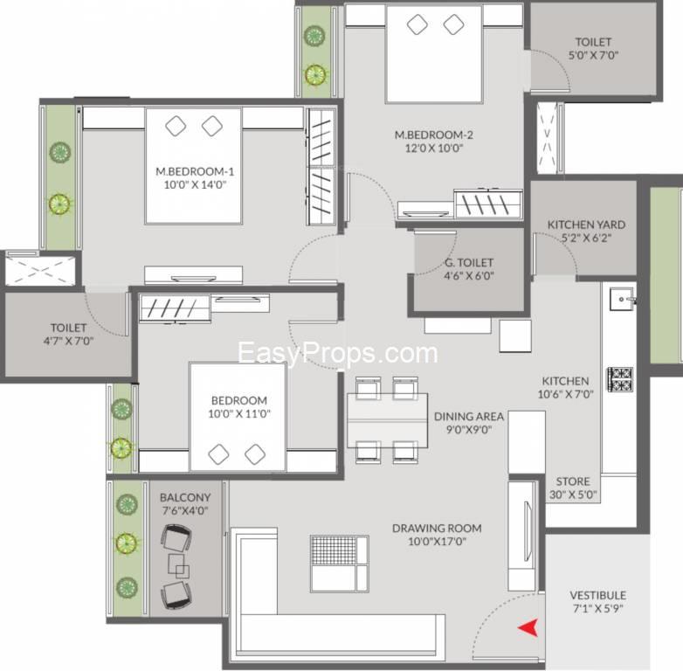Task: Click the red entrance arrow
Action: click(x=528, y=628)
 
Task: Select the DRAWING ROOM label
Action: click(x=437, y=528)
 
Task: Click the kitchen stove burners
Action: click(x=620, y=379)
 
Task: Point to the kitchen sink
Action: click(x=623, y=299)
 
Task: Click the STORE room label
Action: click(x=573, y=481)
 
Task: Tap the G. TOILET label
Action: click(x=469, y=263)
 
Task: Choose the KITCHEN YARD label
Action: click(x=586, y=225)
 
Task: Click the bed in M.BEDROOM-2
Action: click(x=434, y=54)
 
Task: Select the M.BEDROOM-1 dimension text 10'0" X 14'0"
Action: click(x=195, y=184)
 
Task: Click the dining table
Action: click(x=387, y=420)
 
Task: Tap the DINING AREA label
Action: click(x=469, y=417)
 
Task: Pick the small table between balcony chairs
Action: click(x=178, y=565)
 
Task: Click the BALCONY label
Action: click(x=185, y=498)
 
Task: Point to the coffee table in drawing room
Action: click(x=340, y=564)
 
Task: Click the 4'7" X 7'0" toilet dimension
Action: click(x=68, y=341)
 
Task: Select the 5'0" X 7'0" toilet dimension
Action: click(x=593, y=55)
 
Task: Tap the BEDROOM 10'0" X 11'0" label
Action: click(x=239, y=407)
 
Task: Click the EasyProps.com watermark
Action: click(x=338, y=353)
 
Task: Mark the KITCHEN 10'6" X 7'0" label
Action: click(x=565, y=388)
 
